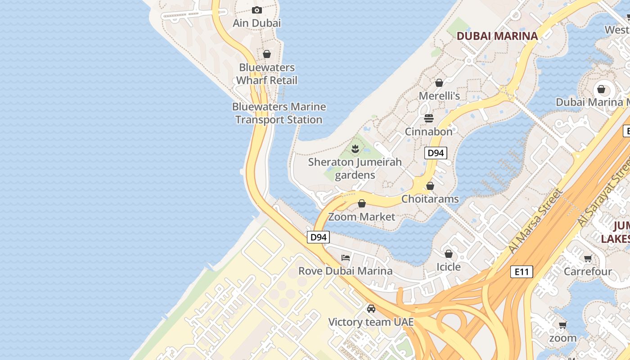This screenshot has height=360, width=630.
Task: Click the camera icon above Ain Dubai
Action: click(257, 10)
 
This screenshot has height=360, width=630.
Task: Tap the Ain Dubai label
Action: click(256, 23)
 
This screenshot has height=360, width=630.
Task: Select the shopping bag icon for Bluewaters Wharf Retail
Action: click(267, 54)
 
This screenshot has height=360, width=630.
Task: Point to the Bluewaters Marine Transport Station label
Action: click(279, 113)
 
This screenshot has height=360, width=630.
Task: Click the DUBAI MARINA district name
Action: click(497, 36)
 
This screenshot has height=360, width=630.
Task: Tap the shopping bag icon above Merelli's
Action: click(439, 83)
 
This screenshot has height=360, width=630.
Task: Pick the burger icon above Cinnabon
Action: click(429, 118)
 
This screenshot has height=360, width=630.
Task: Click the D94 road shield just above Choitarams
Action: click(436, 153)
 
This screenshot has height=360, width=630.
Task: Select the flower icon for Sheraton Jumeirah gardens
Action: click(355, 148)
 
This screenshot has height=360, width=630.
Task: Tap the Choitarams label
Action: click(430, 199)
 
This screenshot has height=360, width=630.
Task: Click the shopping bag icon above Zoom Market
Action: click(362, 203)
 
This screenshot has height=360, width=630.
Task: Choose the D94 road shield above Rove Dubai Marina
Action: click(318, 237)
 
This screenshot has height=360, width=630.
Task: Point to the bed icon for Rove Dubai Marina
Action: click(346, 258)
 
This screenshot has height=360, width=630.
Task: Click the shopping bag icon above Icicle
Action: click(449, 254)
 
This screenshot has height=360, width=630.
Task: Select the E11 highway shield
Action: click(522, 272)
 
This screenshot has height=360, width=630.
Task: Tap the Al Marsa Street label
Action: click(535, 221)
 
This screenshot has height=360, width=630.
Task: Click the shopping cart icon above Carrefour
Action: click(588, 258)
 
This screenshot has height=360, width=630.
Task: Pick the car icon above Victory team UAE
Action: click(371, 309)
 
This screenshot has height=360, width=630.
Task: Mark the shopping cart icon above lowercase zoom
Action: click(562, 325)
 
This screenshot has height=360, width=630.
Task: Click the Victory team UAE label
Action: click(371, 322)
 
